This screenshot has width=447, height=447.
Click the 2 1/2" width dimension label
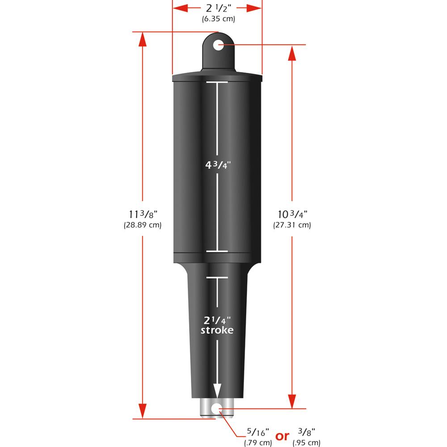click(217, 8)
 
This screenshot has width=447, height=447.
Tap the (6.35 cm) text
click(217, 19)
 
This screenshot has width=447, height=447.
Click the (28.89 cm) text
click(142, 225)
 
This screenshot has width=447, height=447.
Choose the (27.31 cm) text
click(292, 225)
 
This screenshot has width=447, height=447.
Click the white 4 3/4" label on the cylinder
click(217, 164)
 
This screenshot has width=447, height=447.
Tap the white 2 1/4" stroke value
click(217, 320)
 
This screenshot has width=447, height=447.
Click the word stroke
click(217, 330)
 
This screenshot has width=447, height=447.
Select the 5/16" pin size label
click(258, 433)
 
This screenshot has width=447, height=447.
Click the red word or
click(282, 436)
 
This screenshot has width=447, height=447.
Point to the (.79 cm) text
click(258, 443)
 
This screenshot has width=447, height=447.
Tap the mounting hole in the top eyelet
click(218, 45)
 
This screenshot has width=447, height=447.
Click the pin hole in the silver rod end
click(217, 408)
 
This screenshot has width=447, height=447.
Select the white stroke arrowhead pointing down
click(217, 390)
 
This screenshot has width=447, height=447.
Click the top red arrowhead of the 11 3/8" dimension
click(142, 39)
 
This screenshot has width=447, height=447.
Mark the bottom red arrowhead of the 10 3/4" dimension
click(292, 401)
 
